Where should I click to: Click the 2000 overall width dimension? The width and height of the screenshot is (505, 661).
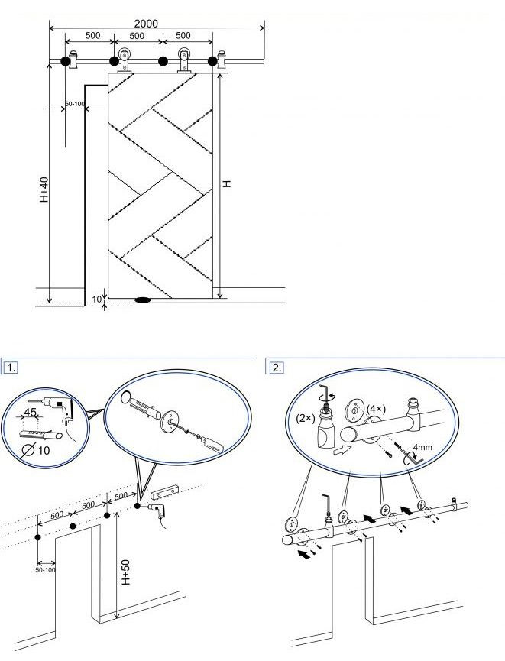pyautogui.click(x=146, y=24)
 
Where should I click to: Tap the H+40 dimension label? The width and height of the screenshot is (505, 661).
pyautogui.click(x=44, y=190)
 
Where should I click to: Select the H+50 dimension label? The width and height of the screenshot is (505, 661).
pyautogui.click(x=125, y=572)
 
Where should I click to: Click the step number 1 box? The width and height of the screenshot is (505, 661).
pyautogui.click(x=11, y=367)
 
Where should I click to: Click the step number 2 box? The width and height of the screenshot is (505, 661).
pyautogui.click(x=276, y=367)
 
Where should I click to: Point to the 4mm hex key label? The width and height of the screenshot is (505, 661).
pyautogui.click(x=422, y=447)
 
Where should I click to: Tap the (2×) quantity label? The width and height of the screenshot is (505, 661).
pyautogui.click(x=305, y=418)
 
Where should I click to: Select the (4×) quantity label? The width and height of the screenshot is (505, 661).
pyautogui.click(x=376, y=409)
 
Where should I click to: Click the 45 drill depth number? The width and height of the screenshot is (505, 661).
pyautogui.click(x=30, y=412)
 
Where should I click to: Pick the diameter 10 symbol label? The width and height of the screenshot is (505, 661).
pyautogui.click(x=36, y=451)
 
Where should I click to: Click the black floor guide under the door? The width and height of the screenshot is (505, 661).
pyautogui.click(x=143, y=300)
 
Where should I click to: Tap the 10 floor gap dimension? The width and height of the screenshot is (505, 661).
pyautogui.click(x=97, y=300)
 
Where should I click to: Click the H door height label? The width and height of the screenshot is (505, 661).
pyautogui.click(x=227, y=184)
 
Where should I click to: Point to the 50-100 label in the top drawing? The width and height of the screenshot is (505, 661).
pyautogui.click(x=75, y=103)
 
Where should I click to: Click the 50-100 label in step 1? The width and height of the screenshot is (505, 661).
pyautogui.click(x=45, y=570)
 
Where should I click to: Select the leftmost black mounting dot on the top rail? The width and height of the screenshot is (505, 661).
pyautogui.click(x=66, y=62)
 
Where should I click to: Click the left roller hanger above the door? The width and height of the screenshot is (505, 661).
pyautogui.click(x=125, y=60)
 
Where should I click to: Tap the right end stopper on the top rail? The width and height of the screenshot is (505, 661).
pyautogui.click(x=222, y=60)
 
